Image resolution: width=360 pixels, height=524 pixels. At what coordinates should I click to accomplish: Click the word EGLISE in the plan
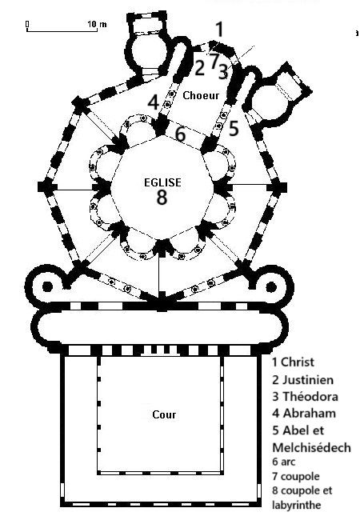coord(162,182)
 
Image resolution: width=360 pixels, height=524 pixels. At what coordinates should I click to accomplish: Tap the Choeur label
coord(201,95)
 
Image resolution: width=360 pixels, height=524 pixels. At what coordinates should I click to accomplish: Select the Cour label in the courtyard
coord(164,414)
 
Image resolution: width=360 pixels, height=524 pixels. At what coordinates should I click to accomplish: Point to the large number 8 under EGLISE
coord(162,197)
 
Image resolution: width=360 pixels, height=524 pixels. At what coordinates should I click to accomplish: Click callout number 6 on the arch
coord(181,134)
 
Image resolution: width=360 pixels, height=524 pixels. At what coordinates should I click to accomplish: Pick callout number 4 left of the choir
coord(154,102)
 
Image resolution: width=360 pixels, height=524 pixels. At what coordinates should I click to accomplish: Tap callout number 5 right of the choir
coord(234,129)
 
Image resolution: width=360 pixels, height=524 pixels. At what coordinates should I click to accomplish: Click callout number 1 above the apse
coord(219,30)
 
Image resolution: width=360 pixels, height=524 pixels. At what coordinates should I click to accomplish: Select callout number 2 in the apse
coord(199,68)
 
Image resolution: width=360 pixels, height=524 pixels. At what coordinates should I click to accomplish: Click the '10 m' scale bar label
coord(98,24)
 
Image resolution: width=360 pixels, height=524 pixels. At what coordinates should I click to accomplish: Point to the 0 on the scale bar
coord(27,24)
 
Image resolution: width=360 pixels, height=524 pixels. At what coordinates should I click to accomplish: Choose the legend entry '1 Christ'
coord(293,362)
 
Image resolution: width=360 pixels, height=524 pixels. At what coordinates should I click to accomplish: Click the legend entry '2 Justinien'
coord(303,380)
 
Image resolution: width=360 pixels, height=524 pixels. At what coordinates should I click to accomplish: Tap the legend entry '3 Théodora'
coord(305,397)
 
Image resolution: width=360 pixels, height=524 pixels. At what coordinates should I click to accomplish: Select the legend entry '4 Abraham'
coord(304,414)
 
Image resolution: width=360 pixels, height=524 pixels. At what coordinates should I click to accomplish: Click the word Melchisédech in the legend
coord(311,447)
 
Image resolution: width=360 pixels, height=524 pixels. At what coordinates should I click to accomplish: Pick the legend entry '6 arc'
coord(284,462)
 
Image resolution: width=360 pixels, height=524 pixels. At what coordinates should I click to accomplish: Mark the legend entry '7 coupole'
coord(296,476)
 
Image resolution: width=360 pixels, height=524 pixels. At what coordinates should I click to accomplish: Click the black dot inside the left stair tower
coord(47,286)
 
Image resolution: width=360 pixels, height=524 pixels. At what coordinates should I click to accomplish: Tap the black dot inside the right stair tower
coord(271,287)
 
